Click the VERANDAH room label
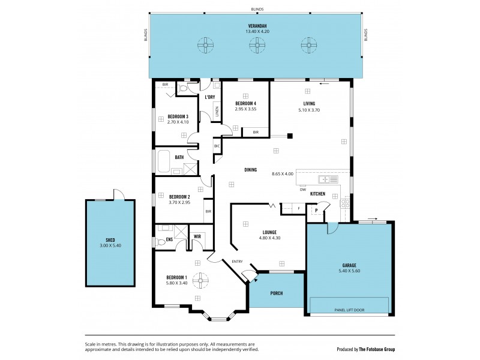257,25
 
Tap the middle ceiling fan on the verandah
257,44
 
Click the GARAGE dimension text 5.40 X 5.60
349,270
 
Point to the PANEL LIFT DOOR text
350,310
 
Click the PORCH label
276,293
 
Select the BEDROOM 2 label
179,196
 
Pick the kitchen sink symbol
329,179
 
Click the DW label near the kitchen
303,190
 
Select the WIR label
197,236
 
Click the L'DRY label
210,97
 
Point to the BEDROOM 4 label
245,103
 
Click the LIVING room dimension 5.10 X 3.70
309,110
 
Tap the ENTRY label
238,260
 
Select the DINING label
250,170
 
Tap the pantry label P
316,211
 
